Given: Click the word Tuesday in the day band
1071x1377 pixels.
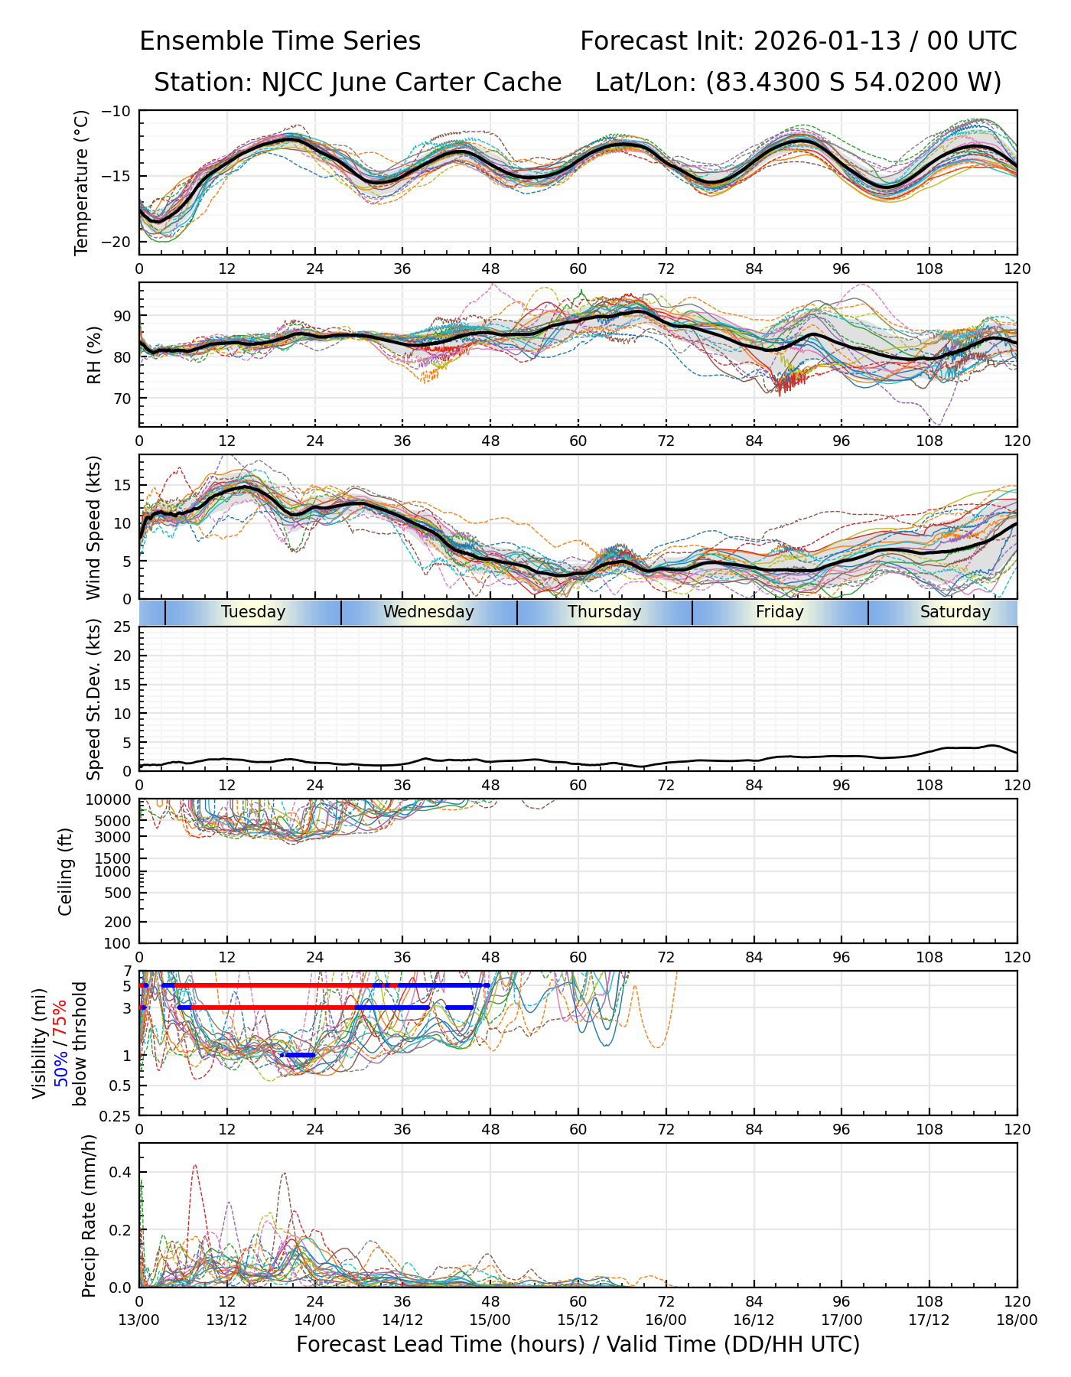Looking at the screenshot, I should [253, 612].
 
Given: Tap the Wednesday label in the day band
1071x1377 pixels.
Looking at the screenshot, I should [428, 612].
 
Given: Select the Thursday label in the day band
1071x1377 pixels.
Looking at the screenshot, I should [604, 612].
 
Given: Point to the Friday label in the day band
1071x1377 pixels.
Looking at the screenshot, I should [780, 612].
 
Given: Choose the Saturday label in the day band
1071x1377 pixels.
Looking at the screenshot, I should [955, 612].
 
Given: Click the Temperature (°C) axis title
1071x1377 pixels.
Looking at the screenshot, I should [82, 182].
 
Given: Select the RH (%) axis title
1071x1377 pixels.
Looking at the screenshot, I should [94, 354].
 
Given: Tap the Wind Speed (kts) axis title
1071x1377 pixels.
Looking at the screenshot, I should [93, 527].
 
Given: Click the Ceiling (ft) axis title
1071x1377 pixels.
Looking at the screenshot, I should [66, 871].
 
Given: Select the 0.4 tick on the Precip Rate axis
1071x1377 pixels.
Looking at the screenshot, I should [122, 1173].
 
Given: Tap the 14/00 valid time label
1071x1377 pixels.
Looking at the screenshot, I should [314, 1320].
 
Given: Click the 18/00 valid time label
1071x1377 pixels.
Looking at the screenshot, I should [1017, 1320].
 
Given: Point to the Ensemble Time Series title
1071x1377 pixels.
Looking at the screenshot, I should [280, 41].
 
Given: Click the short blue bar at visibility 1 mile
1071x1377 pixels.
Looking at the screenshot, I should [298, 1056].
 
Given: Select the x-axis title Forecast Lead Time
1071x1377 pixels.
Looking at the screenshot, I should [578, 1344].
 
